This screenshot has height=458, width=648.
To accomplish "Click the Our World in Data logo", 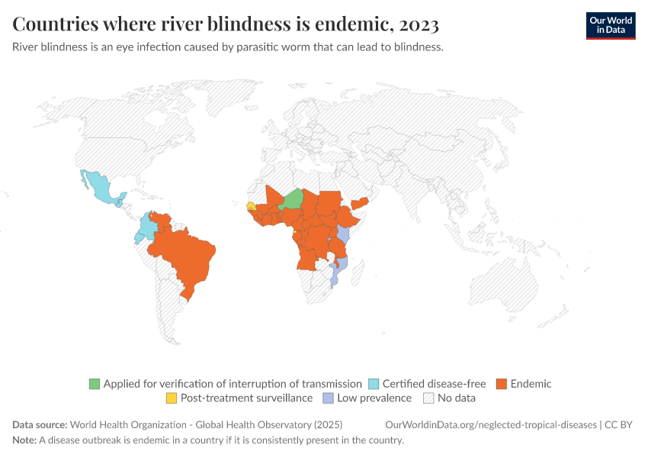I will [x=610, y=25].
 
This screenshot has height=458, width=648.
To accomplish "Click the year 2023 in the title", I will [x=418, y=24].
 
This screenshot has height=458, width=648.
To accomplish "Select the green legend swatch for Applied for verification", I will [x=95, y=384].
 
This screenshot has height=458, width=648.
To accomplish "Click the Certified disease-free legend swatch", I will [x=374, y=384].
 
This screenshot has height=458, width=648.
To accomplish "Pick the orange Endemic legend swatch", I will [x=502, y=384].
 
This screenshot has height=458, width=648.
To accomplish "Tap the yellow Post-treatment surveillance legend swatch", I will [x=172, y=398].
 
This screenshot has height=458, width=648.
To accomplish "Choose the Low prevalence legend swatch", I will [x=328, y=398].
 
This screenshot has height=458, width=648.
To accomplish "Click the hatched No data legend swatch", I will [x=428, y=398].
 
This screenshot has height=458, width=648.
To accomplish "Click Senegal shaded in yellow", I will [x=251, y=205].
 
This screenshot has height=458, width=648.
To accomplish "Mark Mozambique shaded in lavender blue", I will [x=340, y=267].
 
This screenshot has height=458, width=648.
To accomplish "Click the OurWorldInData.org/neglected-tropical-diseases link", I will [x=492, y=424].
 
